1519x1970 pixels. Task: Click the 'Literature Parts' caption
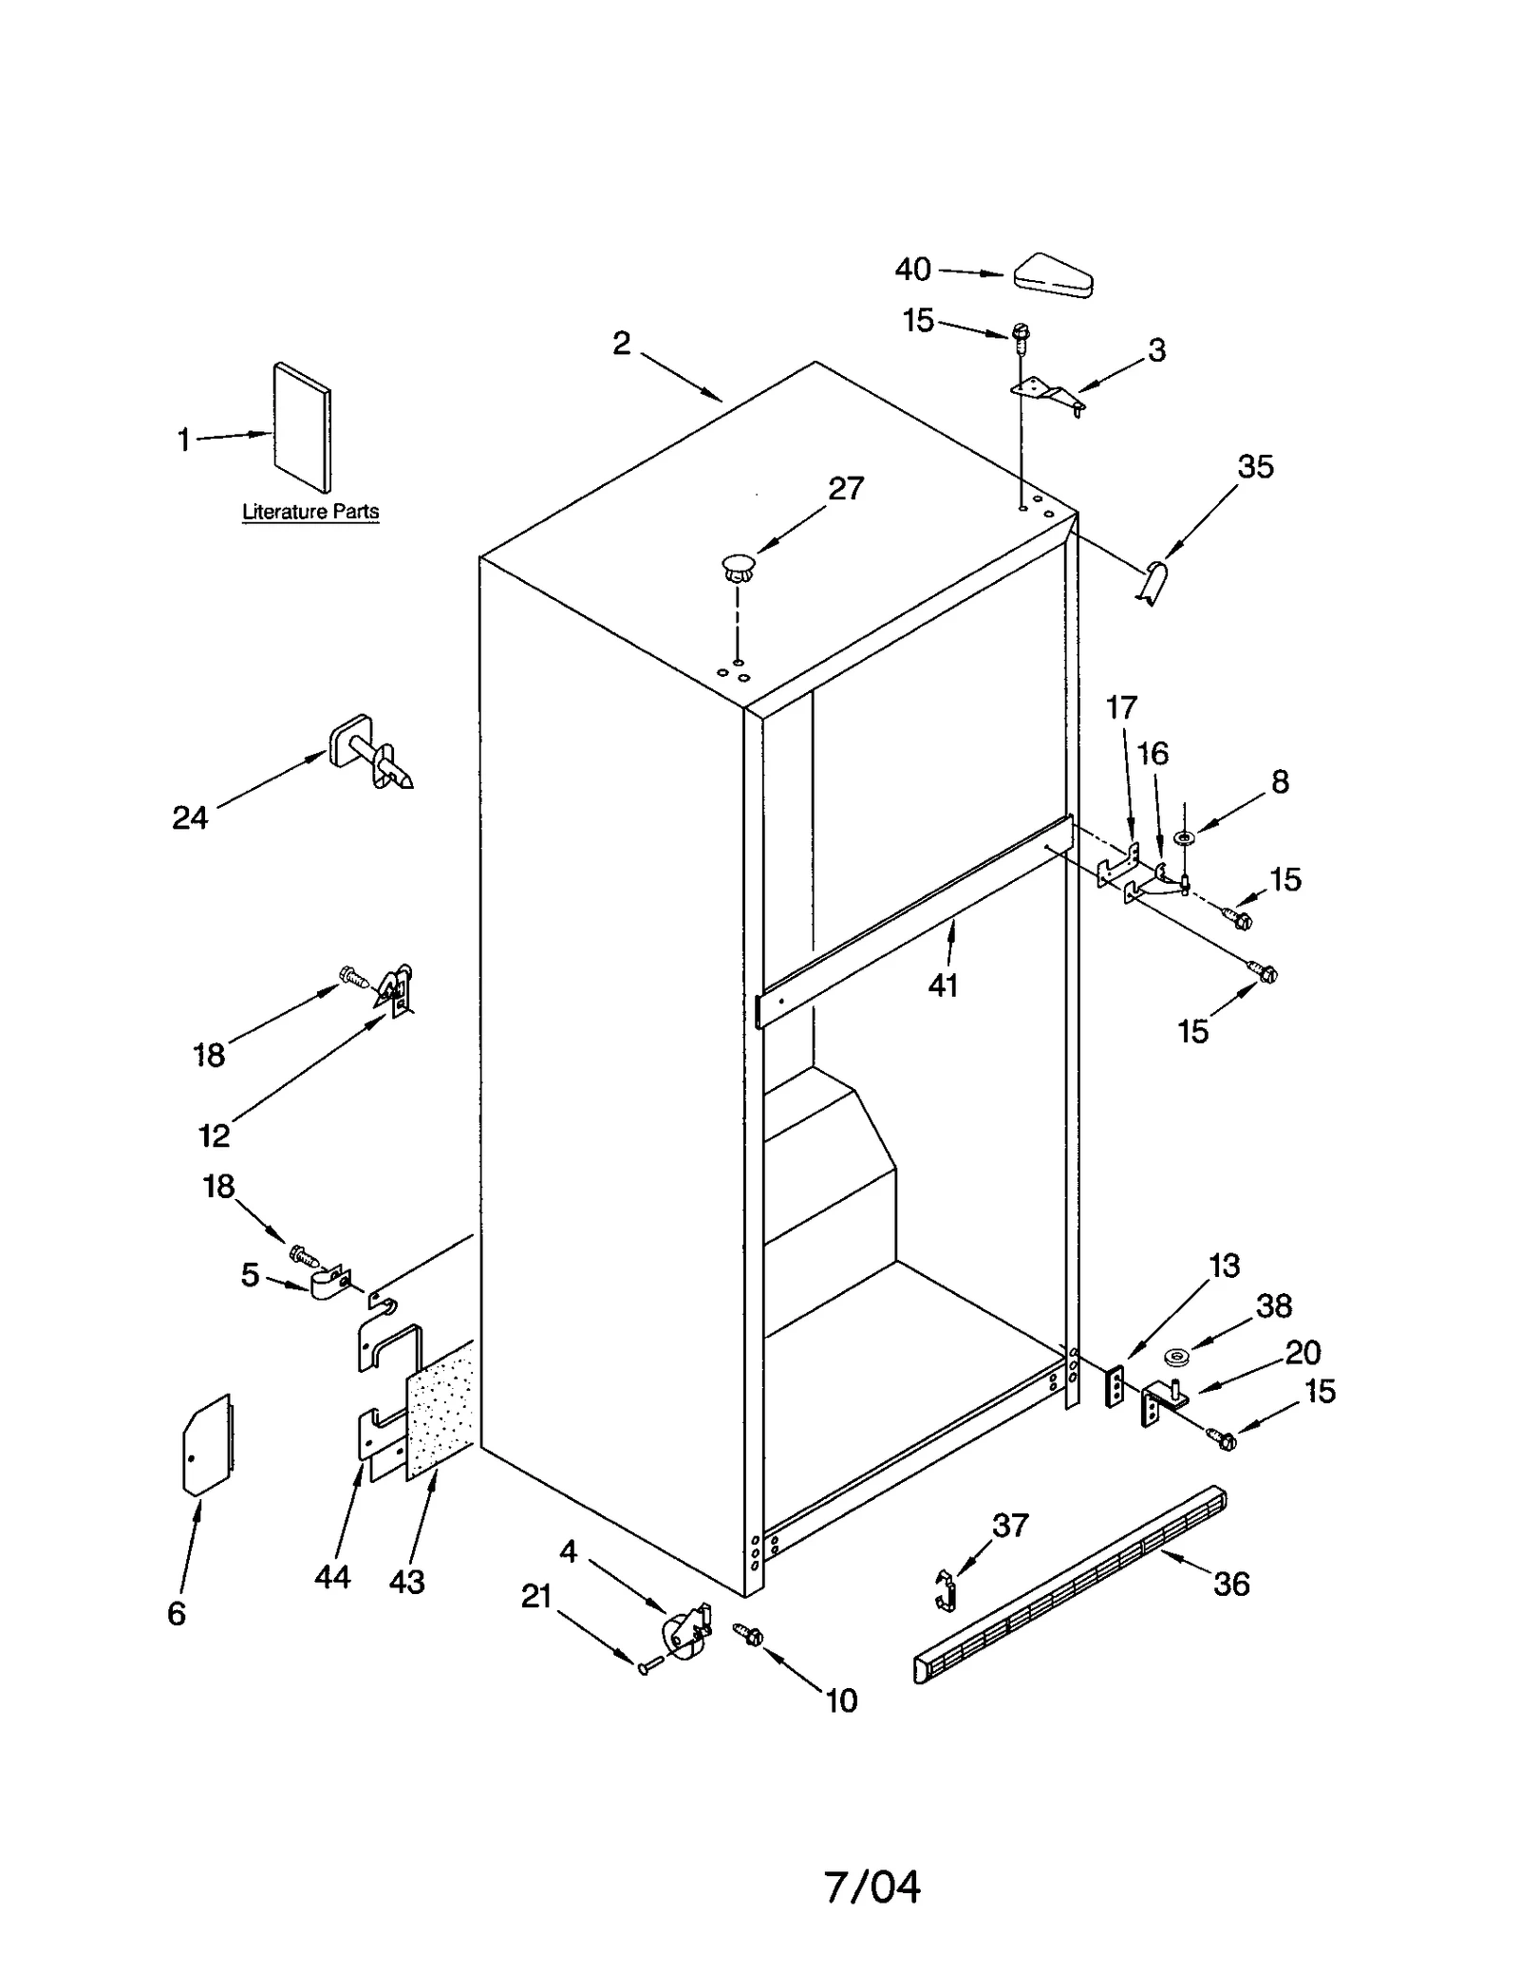click(310, 512)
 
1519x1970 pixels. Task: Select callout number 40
click(912, 270)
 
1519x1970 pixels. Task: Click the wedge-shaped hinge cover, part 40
click(1052, 276)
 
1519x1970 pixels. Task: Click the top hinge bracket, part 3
click(1044, 391)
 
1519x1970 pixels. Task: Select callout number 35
click(1255, 467)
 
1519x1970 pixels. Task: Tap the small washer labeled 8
click(1184, 838)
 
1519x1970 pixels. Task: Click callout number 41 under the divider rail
click(943, 986)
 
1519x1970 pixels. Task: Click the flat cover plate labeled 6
click(207, 1445)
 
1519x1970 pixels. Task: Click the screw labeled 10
click(750, 1634)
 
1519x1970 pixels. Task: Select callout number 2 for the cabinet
click(622, 344)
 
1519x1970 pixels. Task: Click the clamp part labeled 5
click(329, 1284)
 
